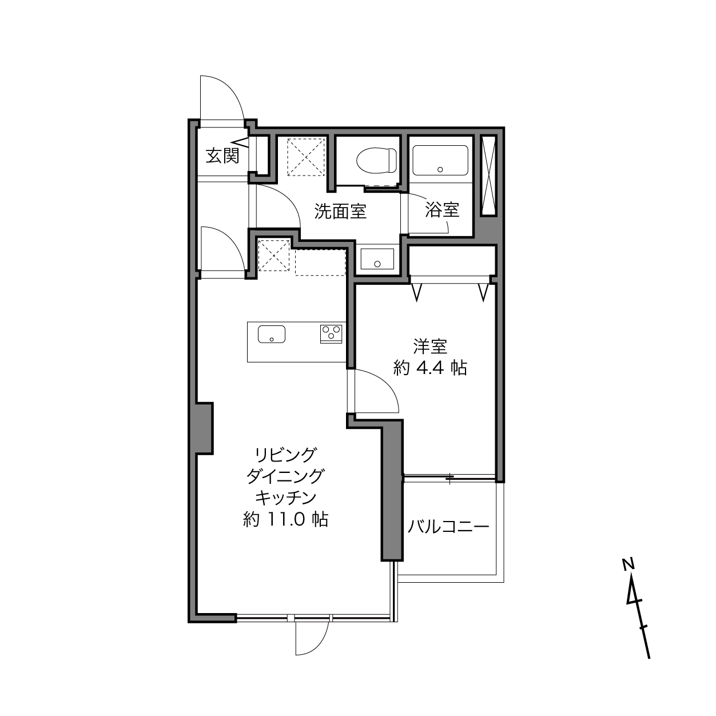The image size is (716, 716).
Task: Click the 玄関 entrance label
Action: [x=222, y=156]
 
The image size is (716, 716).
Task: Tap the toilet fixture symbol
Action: [x=376, y=160]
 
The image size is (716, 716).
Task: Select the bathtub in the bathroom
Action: [x=440, y=161]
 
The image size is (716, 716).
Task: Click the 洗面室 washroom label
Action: [x=340, y=211]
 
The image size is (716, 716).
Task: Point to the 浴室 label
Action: [x=442, y=209]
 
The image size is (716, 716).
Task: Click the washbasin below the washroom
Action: [x=377, y=259]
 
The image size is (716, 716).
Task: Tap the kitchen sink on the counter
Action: [x=272, y=334]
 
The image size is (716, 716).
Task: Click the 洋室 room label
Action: [x=430, y=347]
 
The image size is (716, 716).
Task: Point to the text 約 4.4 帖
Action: [x=430, y=368]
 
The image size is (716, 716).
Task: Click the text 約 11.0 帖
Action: [x=285, y=519]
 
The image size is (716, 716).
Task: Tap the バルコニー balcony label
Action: [x=448, y=527]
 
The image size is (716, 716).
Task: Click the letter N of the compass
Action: [x=628, y=565]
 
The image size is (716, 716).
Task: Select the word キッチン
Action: [x=285, y=498]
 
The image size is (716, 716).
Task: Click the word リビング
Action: [x=285, y=455]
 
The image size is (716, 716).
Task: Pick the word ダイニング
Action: [x=285, y=476]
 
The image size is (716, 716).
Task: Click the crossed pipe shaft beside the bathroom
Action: [x=488, y=176]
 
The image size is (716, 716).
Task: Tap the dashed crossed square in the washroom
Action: [x=306, y=157]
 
